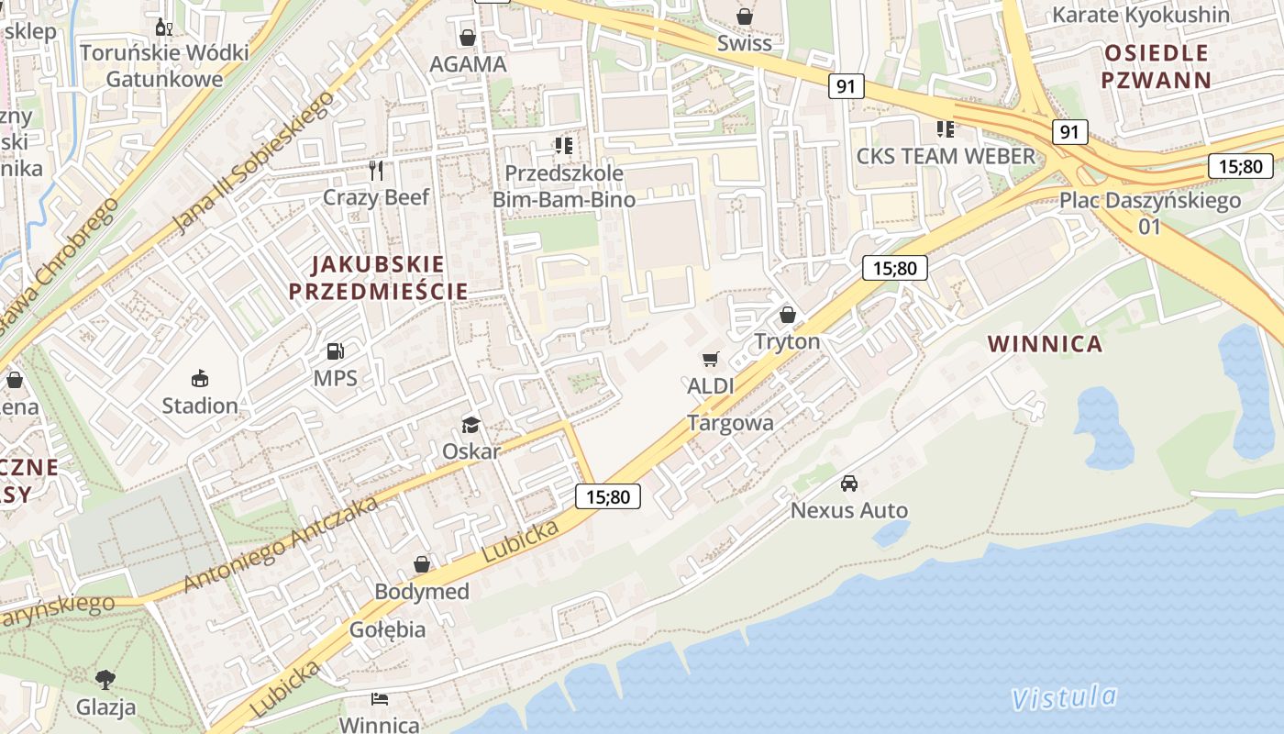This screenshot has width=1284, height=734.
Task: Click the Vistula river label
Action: (1064, 697)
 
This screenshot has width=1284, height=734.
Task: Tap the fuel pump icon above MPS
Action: (336, 351)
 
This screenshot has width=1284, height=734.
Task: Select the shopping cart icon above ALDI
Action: (711, 360)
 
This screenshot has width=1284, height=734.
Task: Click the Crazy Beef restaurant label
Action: (376, 197)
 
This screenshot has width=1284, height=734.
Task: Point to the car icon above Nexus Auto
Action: (849, 484)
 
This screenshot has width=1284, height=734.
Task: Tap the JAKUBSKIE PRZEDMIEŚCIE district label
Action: (379, 278)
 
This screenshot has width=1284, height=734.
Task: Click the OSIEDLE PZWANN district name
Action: (1157, 65)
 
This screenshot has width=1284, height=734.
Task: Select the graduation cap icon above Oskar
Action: (471, 425)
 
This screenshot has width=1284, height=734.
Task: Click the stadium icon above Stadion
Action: (200, 378)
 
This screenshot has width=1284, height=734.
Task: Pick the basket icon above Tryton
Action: (787, 316)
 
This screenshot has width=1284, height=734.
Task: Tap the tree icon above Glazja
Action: (105, 680)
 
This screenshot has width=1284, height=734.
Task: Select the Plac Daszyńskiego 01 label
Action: (1150, 213)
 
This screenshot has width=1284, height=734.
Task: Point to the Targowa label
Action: (731, 423)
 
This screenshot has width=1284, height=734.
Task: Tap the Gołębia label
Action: (387, 629)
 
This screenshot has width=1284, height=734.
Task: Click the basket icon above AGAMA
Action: (468, 38)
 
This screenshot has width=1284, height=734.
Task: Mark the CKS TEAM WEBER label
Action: (946, 156)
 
